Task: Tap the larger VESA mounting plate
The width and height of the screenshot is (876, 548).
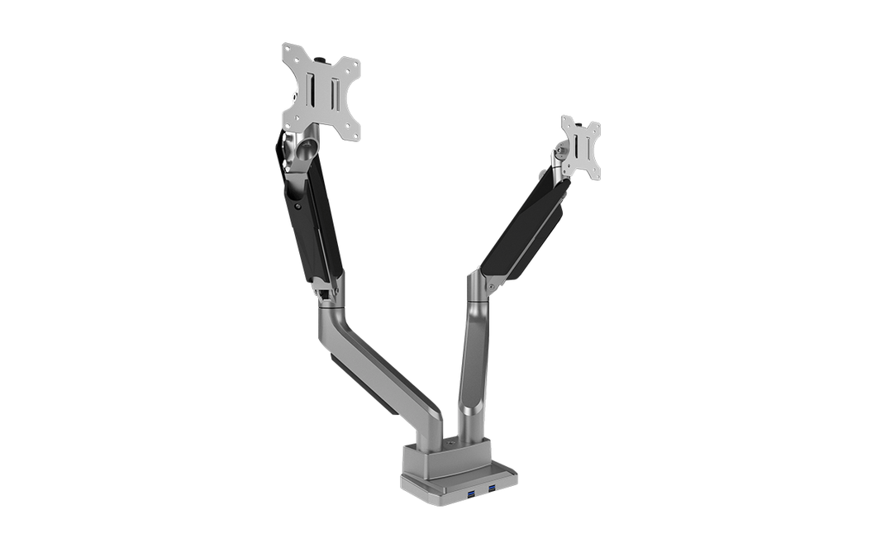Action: [x=321, y=91]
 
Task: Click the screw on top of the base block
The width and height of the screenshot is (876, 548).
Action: [x=450, y=443]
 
